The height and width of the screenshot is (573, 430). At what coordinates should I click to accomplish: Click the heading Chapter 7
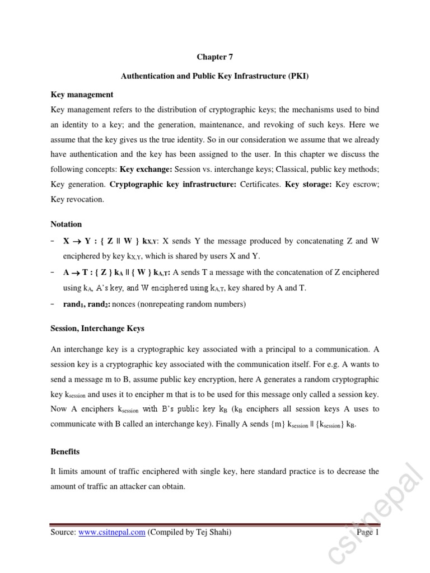tap(214, 57)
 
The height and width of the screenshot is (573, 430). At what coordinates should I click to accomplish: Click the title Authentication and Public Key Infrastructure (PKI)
tap(215, 76)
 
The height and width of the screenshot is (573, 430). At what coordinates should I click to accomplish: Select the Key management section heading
tap(82, 95)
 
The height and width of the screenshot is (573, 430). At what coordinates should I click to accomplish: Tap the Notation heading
tap(66, 224)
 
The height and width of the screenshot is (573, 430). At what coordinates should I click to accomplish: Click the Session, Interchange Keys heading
tap(97, 328)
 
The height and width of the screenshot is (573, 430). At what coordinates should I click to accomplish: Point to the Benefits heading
tap(65, 451)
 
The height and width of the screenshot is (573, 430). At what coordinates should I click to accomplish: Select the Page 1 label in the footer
tap(368, 533)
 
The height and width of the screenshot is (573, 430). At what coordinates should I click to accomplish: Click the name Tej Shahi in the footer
tap(213, 533)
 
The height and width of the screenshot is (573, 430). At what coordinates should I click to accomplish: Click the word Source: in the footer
tap(63, 533)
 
